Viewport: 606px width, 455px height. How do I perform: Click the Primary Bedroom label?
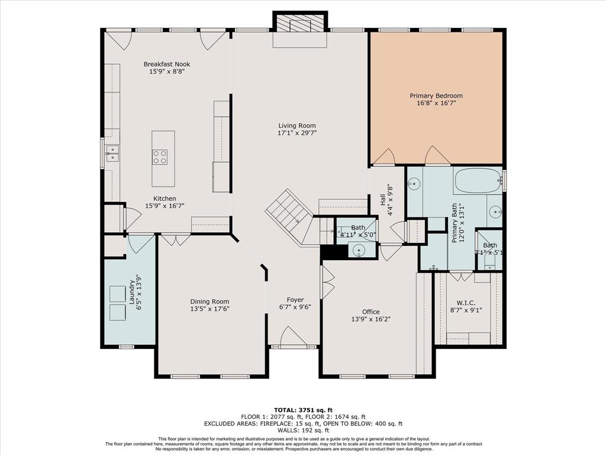436,95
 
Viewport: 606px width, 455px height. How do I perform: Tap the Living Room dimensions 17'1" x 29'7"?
297,133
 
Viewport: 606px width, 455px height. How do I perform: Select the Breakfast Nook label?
167,64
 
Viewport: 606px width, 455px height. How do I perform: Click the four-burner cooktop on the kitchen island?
160,156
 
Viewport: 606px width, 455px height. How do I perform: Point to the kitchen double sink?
112,153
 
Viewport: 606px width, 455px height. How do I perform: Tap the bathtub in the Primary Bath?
478,181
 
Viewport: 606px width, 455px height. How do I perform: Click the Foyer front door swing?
293,335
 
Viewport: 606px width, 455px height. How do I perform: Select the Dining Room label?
209,302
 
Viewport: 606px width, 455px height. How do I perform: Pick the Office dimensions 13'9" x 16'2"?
370,319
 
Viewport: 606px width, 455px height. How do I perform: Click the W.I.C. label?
466,303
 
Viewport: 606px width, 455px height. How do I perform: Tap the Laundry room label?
132,291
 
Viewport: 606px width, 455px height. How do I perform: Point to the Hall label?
383,200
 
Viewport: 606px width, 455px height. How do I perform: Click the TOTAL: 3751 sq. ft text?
303,410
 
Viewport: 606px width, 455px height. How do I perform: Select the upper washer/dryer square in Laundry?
118,294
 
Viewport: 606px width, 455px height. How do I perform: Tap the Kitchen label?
165,198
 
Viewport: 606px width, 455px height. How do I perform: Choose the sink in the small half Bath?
359,250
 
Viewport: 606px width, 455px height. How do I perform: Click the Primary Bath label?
454,223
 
